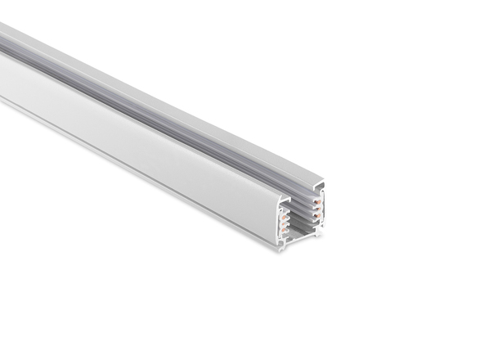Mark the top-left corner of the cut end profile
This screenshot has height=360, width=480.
[279, 197]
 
